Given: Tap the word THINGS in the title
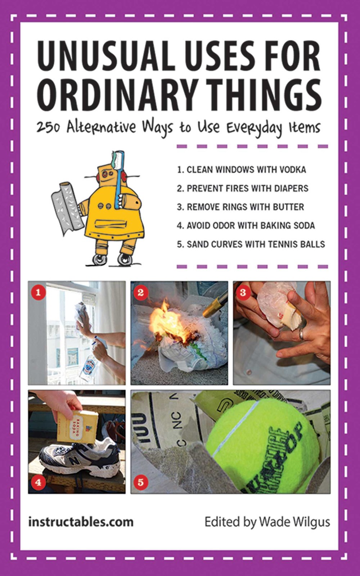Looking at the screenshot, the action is [260, 95].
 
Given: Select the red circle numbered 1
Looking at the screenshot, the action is [38, 292].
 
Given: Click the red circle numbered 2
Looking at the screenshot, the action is [141, 292].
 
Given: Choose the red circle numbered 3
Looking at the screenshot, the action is [243, 292].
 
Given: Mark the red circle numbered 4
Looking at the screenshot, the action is [38, 482].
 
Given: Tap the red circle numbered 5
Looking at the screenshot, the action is [141, 482].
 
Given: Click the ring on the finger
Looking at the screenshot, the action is [301, 334].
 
